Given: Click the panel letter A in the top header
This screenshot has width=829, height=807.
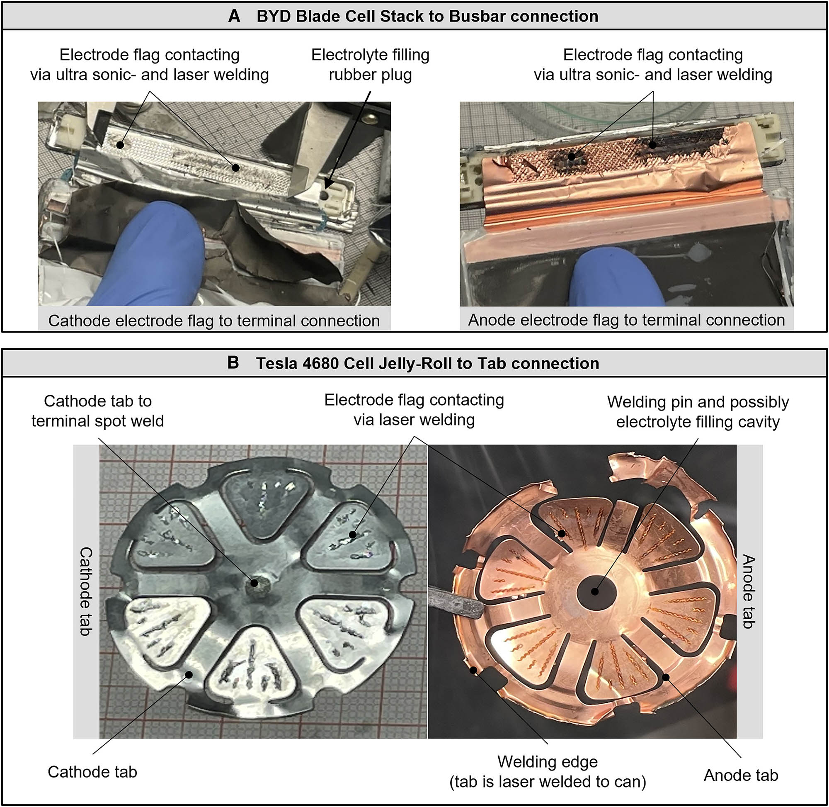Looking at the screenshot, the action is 234,16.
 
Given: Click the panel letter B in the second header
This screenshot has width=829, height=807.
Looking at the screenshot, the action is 233,363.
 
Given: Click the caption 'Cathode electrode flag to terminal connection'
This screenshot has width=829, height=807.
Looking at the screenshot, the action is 214,321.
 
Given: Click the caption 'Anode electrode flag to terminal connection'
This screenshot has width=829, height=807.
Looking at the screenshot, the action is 626,320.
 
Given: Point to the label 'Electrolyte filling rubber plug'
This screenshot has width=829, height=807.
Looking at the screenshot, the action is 370,64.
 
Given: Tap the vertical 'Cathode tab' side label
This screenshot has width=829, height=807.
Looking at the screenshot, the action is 86,592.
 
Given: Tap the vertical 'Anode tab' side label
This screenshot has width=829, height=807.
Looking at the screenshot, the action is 749,592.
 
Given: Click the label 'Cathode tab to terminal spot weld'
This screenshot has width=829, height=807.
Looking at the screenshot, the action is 97,411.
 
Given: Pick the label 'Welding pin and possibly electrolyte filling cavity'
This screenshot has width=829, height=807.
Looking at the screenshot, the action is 698,411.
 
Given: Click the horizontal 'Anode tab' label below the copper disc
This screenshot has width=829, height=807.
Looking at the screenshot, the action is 741,775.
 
